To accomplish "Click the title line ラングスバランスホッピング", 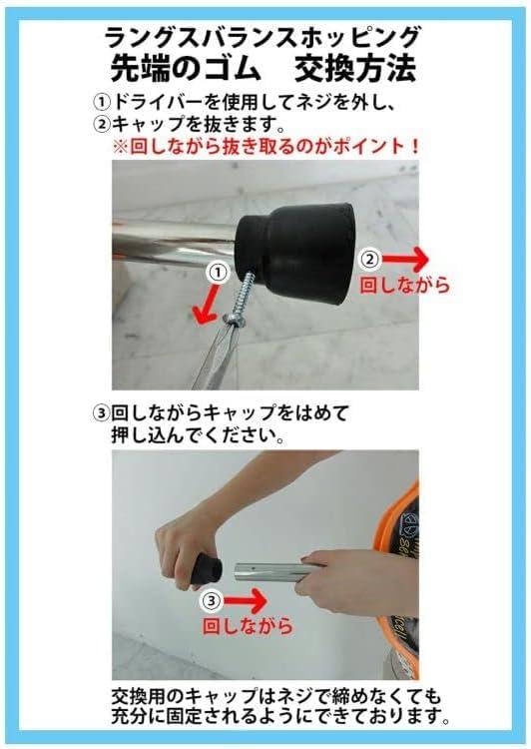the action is coord(263,37).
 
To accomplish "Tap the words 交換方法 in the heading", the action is coord(355,69).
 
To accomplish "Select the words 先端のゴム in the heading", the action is coord(186,69).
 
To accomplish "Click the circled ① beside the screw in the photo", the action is coord(218,273).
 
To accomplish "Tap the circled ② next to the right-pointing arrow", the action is coord(370,259).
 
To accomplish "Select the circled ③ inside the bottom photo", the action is coord(211,600).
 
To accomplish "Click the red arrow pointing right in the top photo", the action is coord(405,259).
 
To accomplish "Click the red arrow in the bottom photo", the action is coord(245,601).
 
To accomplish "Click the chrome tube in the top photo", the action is coord(174,243).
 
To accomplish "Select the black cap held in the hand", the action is coord(205,568).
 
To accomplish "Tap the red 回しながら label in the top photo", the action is coord(404,286).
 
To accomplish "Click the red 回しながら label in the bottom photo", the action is coord(248,626).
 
